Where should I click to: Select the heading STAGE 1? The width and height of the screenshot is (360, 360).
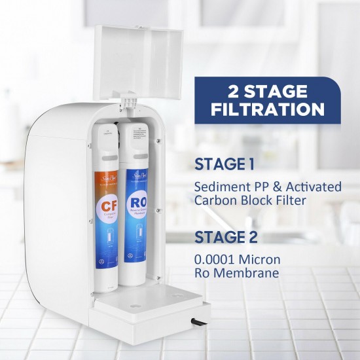click(225, 163)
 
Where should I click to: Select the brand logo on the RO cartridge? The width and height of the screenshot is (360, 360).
click(135, 176)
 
